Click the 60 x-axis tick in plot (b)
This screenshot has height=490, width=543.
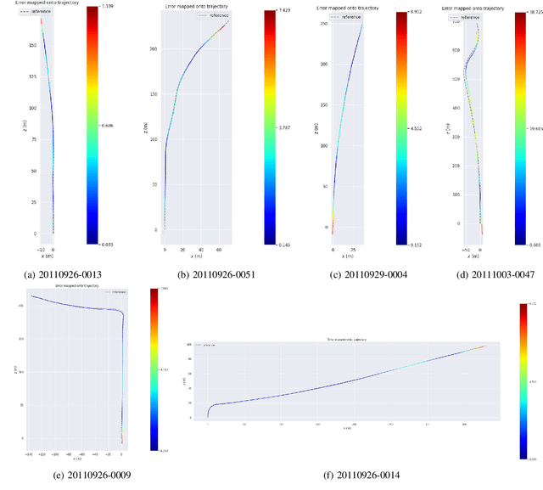tap(218, 251)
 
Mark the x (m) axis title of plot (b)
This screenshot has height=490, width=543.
tap(196, 256)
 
